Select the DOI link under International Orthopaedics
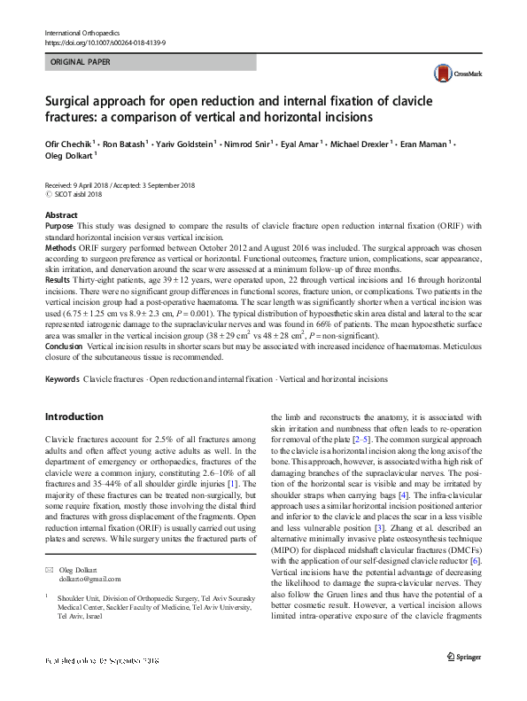click(105, 43)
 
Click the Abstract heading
click(60, 215)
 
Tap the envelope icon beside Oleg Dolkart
click(50, 567)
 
